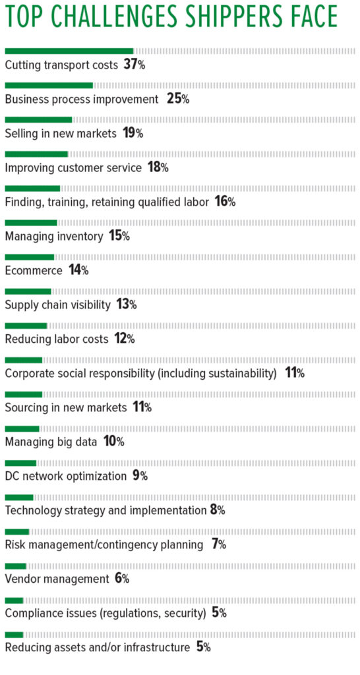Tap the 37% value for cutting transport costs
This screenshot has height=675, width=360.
135,65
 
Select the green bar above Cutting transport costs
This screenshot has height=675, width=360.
69,50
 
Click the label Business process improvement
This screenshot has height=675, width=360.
82,99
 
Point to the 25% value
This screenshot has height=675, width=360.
178,99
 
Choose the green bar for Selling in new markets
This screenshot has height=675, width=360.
38,119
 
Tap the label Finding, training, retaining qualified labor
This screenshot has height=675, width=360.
107,202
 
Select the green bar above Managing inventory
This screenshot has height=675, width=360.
31,222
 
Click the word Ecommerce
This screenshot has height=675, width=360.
34,270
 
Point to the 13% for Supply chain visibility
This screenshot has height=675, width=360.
125,305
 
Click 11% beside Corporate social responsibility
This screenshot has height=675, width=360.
294,373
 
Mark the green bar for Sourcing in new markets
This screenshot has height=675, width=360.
23,394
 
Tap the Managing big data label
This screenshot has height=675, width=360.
51,442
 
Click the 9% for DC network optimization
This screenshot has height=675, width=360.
140,476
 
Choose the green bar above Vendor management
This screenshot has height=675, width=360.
15,565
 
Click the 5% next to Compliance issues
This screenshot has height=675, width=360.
219,613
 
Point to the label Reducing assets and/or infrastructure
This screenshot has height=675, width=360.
97,647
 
